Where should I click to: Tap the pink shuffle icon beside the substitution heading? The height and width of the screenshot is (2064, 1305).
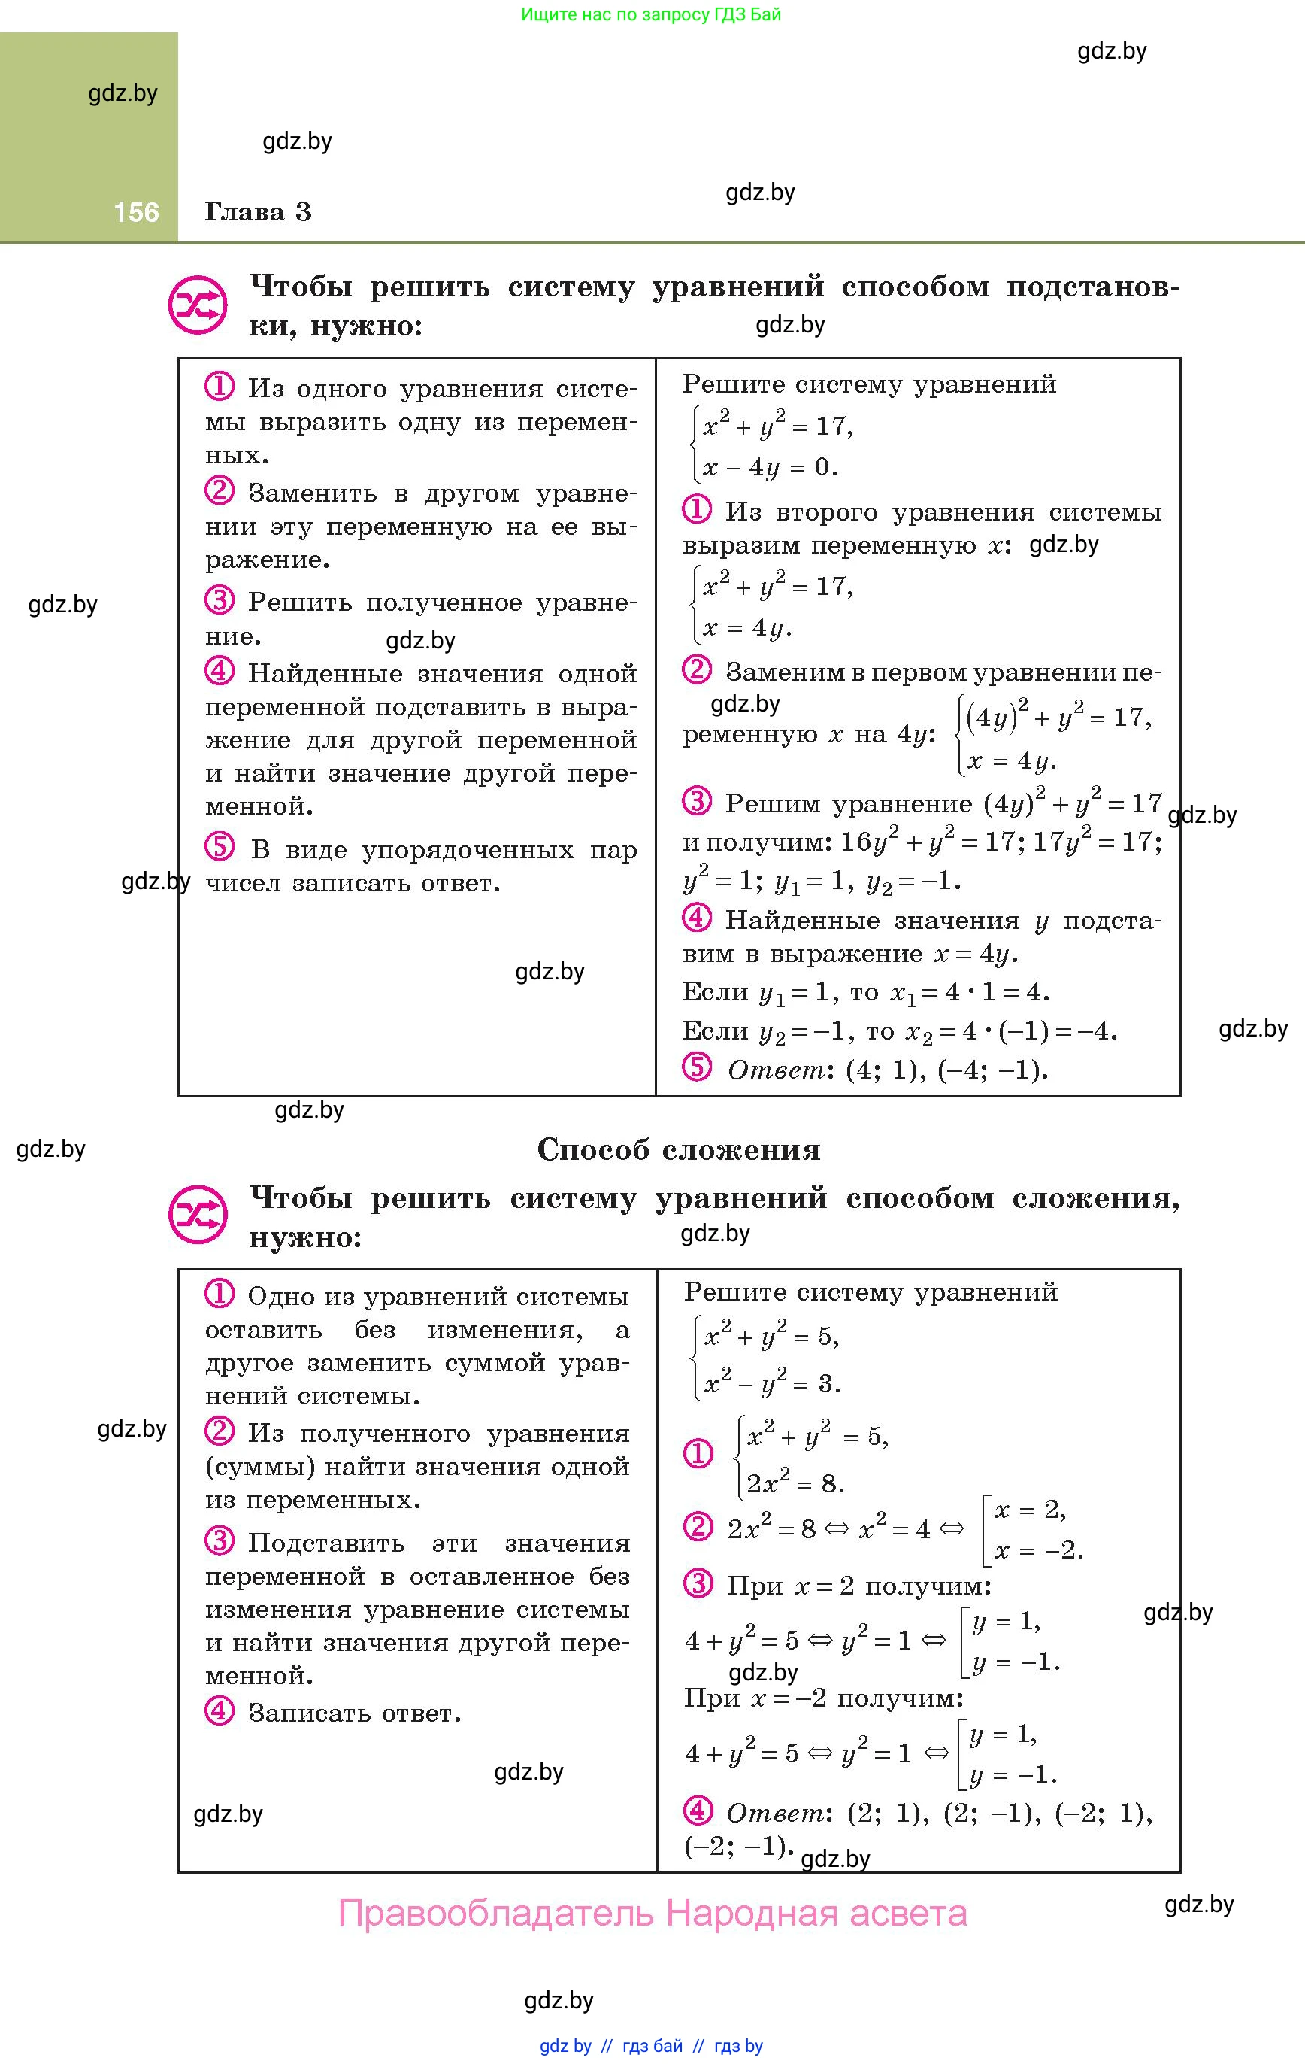click(198, 305)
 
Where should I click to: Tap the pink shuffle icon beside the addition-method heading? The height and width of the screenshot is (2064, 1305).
click(198, 1215)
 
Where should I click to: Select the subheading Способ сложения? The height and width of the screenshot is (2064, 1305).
click(679, 1149)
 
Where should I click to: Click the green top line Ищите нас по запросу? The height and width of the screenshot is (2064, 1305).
click(651, 14)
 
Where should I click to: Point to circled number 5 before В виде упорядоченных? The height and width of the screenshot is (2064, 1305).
click(220, 848)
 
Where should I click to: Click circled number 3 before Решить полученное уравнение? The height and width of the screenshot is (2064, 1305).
click(220, 600)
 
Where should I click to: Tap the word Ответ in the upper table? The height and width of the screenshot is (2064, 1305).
click(777, 1070)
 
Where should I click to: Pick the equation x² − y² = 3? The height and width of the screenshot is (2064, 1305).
click(771, 1383)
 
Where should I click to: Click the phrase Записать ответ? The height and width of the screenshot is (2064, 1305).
click(355, 1713)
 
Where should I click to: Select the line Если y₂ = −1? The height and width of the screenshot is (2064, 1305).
click(899, 1031)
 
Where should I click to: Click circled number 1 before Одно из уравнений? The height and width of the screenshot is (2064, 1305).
click(220, 1294)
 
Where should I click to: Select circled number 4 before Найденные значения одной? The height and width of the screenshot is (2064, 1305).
click(220, 671)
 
